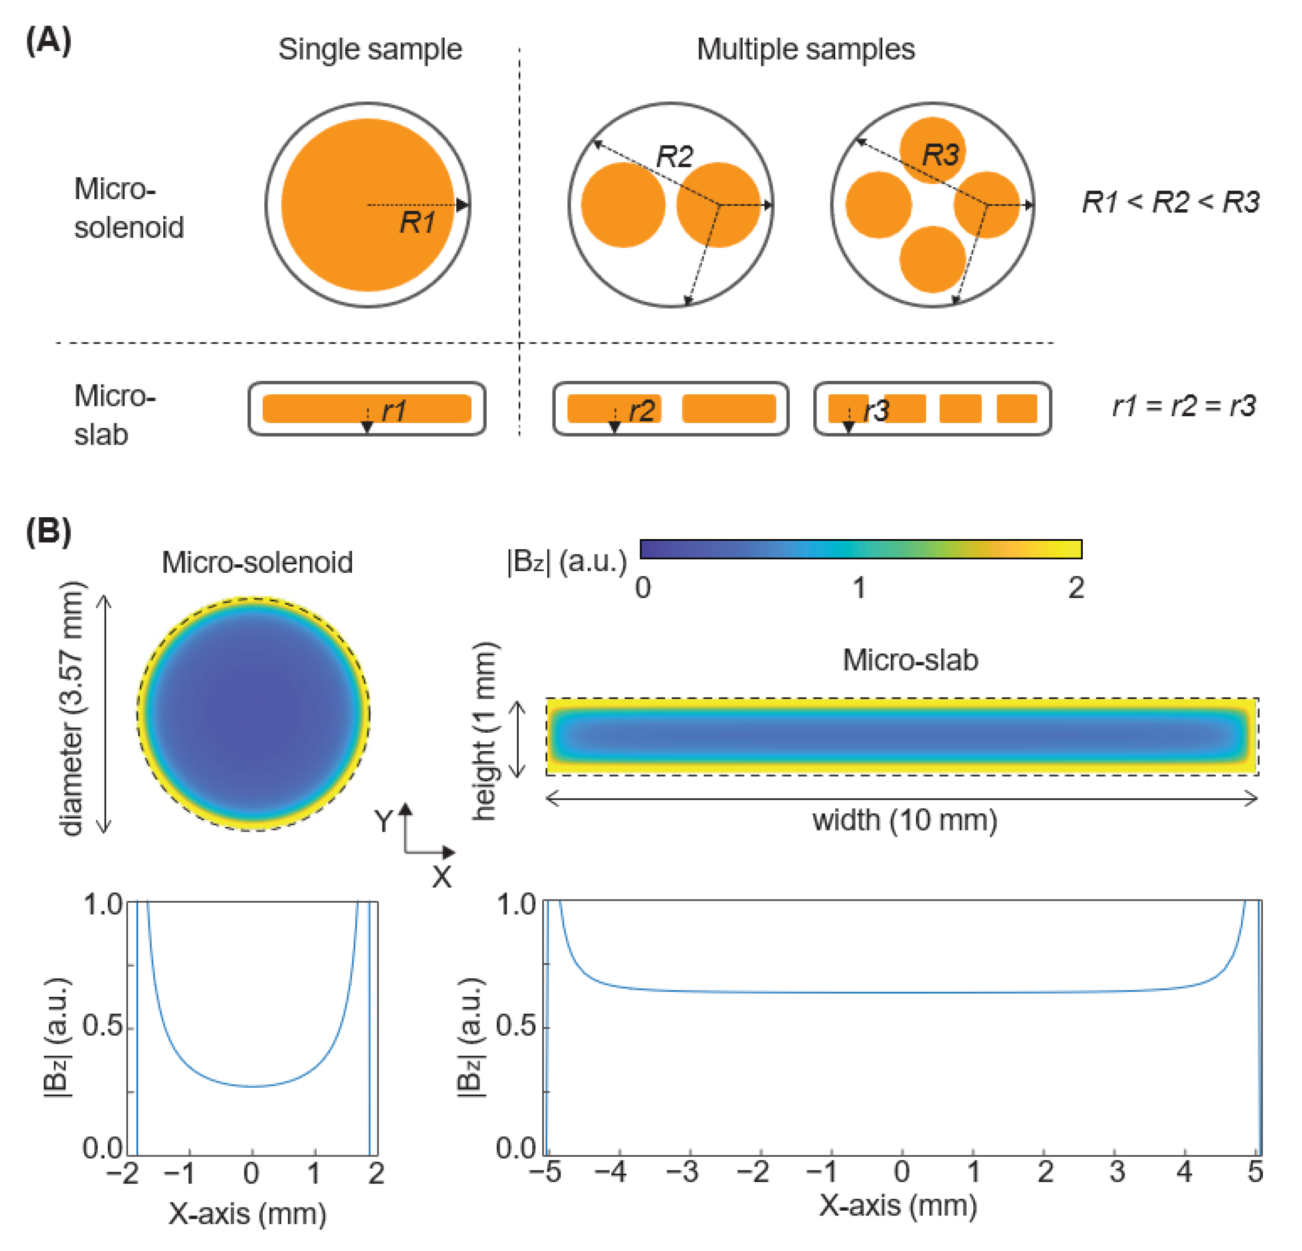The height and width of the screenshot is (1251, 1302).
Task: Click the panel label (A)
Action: pos(48,41)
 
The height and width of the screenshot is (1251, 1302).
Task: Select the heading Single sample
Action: pos(369,49)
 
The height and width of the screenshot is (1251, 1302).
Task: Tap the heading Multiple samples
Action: pos(805,49)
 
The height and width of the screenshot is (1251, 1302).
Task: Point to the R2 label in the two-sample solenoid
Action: pos(674,157)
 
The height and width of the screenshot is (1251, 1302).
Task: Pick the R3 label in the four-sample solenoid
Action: pos(940,155)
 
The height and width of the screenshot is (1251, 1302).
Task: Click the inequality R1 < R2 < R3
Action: pos(1171,202)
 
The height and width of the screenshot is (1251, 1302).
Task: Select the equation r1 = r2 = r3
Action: pos(1184,406)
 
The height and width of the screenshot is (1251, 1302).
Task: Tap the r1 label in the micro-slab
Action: pos(394,411)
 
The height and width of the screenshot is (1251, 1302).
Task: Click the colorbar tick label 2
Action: pos(1076,588)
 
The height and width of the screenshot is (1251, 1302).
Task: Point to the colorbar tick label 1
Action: pos(859,588)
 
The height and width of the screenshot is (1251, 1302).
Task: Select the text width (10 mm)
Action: pos(904,820)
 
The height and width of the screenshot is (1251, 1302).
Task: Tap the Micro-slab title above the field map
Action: pos(910,660)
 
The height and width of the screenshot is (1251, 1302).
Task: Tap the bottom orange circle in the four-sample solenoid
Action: pos(932,259)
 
